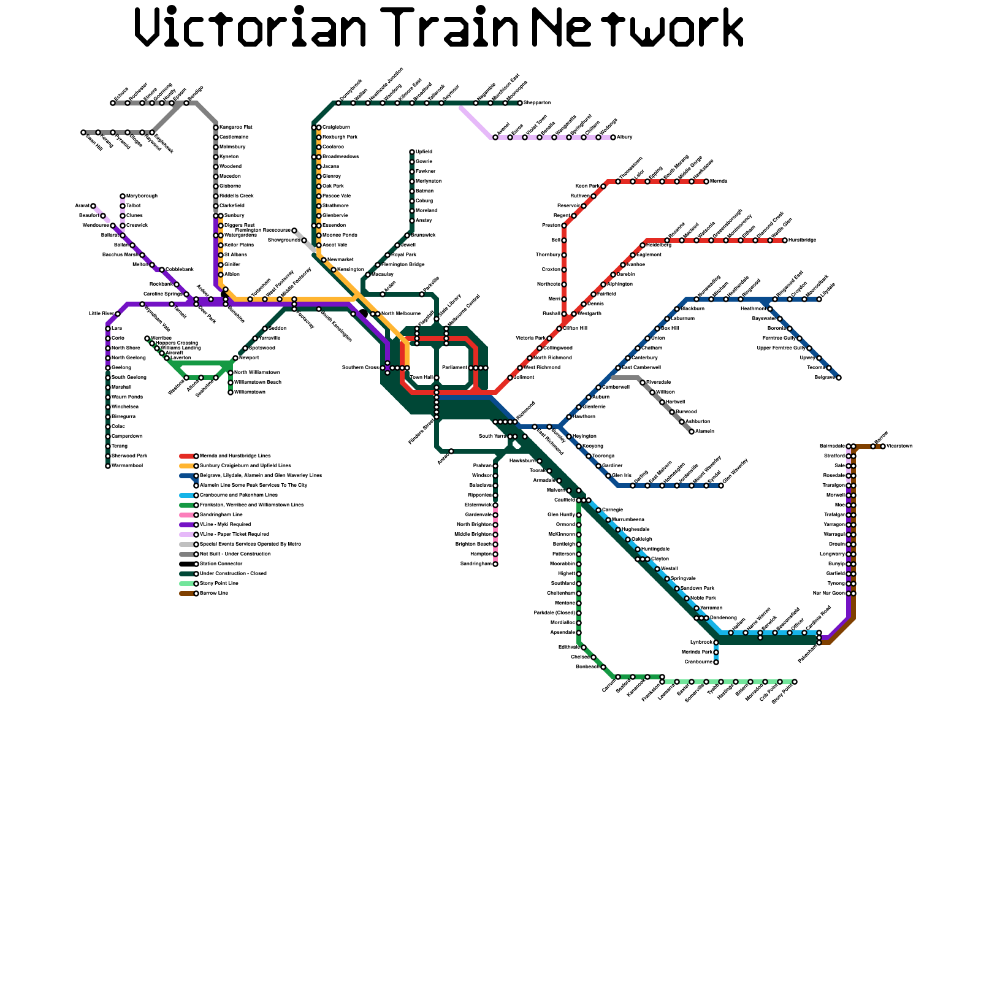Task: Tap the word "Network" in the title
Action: pyautogui.click(x=638, y=28)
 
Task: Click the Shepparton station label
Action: pyautogui.click(x=537, y=103)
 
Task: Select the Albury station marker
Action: pyautogui.click(x=613, y=137)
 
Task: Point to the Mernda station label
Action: pyautogui.click(x=718, y=181)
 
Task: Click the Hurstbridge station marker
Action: pyautogui.click(x=785, y=240)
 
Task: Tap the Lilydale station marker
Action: pyautogui.click(x=819, y=299)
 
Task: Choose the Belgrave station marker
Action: pyautogui.click(x=839, y=378)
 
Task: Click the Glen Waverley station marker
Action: pyautogui.click(x=721, y=486)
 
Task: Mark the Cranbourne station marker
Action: pyautogui.click(x=716, y=662)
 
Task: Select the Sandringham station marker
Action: pyautogui.click(x=495, y=564)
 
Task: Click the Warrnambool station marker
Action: pyautogui.click(x=108, y=466)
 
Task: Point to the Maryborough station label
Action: pyautogui.click(x=142, y=196)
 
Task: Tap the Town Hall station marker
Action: pyautogui.click(x=437, y=378)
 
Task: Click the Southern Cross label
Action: pyautogui.click(x=360, y=368)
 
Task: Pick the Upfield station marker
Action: pyautogui.click(x=412, y=152)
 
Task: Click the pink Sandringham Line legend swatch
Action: pyautogui.click(x=187, y=515)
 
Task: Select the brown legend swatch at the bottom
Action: pyautogui.click(x=187, y=594)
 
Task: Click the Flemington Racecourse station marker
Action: pyautogui.click(x=294, y=231)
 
